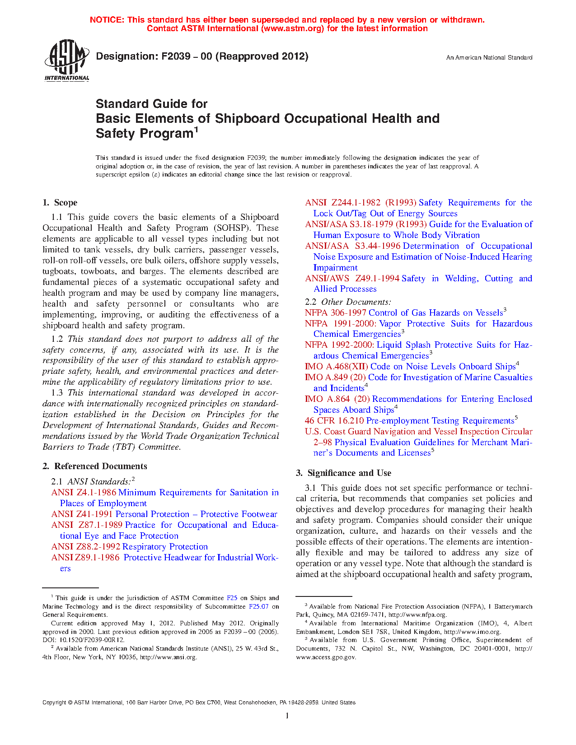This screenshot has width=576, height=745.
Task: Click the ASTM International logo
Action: pyautogui.click(x=67, y=61)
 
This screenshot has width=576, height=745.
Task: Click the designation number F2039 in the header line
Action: pyautogui.click(x=172, y=56)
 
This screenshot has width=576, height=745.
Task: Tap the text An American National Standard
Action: pyautogui.click(x=489, y=58)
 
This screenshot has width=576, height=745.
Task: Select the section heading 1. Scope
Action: pyautogui.click(x=60, y=203)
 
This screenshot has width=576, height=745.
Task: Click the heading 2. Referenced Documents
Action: pyautogui.click(x=95, y=466)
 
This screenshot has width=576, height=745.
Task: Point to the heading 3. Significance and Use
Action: pyautogui.click(x=343, y=473)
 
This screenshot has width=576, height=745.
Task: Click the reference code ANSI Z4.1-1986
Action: pyautogui.click(x=84, y=493)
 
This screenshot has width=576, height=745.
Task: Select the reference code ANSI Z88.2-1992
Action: pyautogui.click(x=86, y=547)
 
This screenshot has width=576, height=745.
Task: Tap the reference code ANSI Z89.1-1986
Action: pyautogui.click(x=85, y=558)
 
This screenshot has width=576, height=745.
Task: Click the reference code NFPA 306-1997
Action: pyautogui.click(x=336, y=313)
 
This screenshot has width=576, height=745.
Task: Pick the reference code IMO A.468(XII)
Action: pyautogui.click(x=337, y=367)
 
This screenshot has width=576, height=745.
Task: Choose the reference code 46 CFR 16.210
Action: pyautogui.click(x=334, y=421)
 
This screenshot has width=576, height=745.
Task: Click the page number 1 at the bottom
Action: pyautogui.click(x=287, y=716)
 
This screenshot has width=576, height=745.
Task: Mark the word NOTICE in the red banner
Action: pyautogui.click(x=107, y=20)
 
